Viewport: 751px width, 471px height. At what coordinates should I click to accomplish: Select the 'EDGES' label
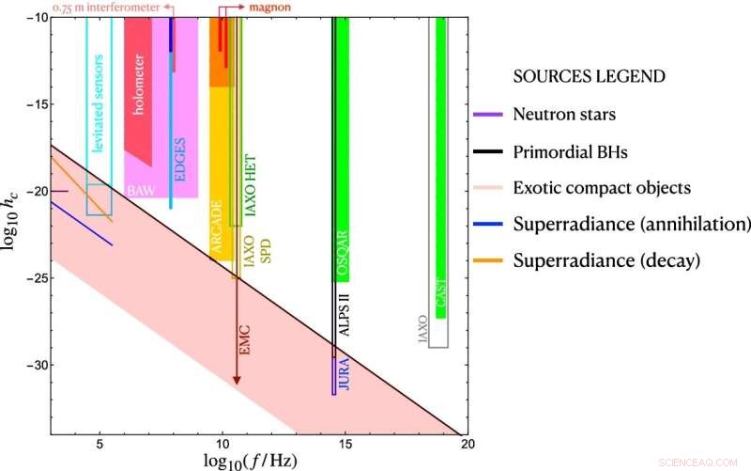point(180,159)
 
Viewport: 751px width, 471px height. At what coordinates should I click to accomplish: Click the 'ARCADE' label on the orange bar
point(216,223)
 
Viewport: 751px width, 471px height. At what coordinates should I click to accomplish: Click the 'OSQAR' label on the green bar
point(343,253)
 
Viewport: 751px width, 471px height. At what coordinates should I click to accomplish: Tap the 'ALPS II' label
point(345,314)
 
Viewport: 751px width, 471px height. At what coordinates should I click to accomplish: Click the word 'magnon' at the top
point(268,7)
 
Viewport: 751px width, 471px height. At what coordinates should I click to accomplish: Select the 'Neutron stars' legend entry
point(564,115)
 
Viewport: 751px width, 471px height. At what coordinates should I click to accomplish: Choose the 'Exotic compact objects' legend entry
point(602,187)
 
